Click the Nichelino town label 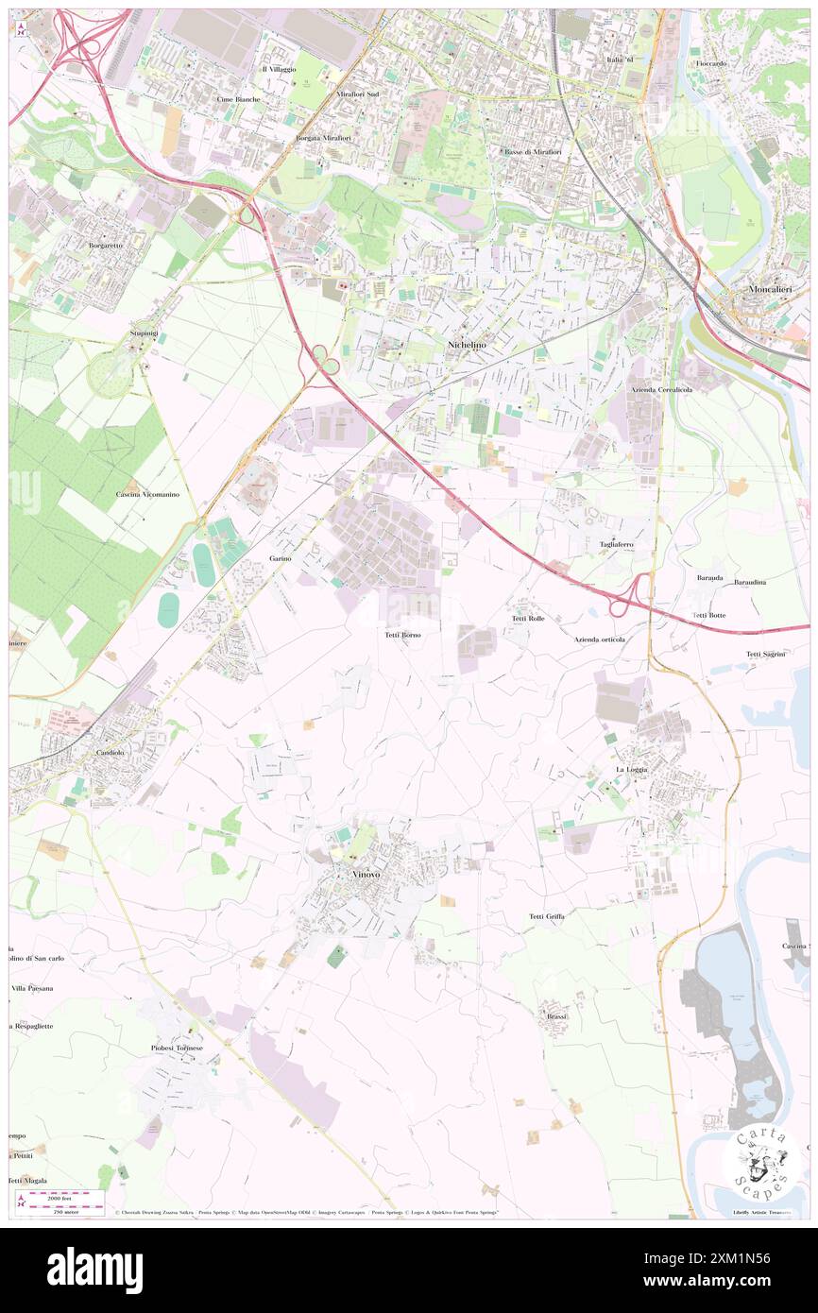(x=467, y=347)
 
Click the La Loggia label (x=632, y=770)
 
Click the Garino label (x=281, y=559)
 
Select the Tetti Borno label (x=403, y=636)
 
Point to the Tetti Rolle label (x=528, y=619)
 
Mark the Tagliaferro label (x=617, y=545)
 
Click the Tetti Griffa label (x=547, y=916)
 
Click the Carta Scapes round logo (x=759, y=1161)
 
